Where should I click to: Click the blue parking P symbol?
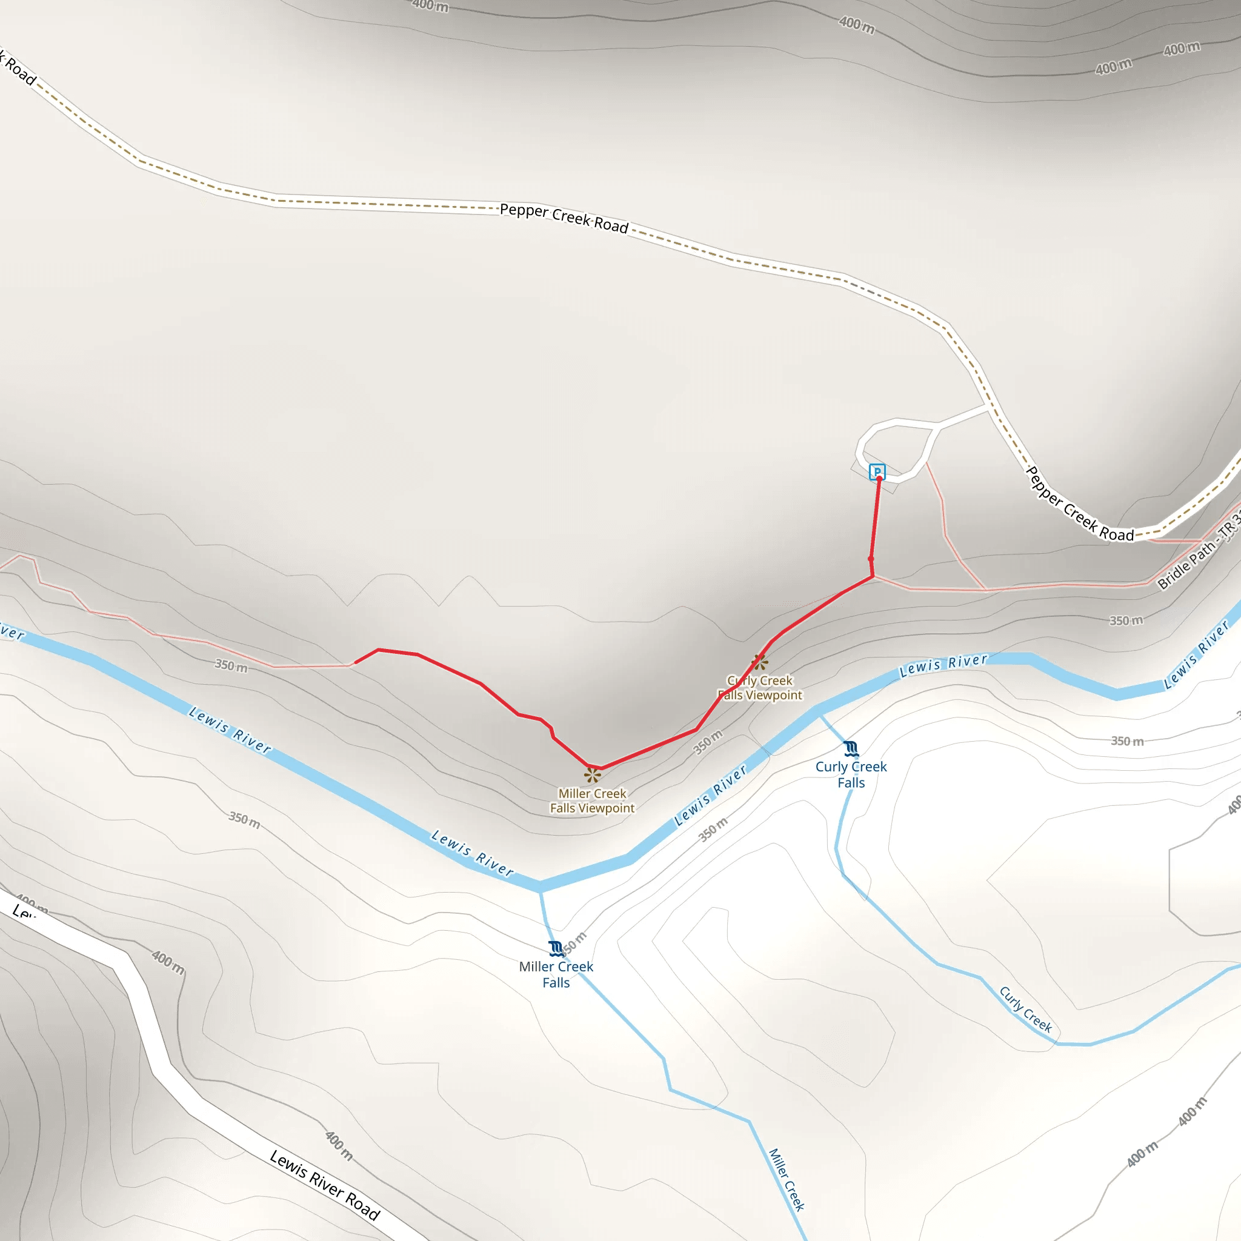pyautogui.click(x=877, y=472)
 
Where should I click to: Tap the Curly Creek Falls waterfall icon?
pyautogui.click(x=851, y=748)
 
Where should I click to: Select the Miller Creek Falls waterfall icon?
pyautogui.click(x=556, y=949)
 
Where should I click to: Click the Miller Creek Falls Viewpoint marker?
pyautogui.click(x=592, y=774)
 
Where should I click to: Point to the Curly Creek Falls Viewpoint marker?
pyautogui.click(x=760, y=662)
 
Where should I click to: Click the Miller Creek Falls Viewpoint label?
pyautogui.click(x=592, y=801)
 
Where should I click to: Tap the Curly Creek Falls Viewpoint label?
pyautogui.click(x=760, y=688)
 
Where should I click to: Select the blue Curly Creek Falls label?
pyautogui.click(x=851, y=774)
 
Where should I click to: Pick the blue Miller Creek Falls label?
pyautogui.click(x=556, y=974)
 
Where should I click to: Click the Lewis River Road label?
pyautogui.click(x=324, y=1185)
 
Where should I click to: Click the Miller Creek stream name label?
pyautogui.click(x=786, y=1179)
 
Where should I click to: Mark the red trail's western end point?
pyautogui.click(x=355, y=662)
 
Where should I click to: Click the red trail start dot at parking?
pyautogui.click(x=879, y=479)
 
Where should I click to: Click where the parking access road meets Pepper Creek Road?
pyautogui.click(x=988, y=406)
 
